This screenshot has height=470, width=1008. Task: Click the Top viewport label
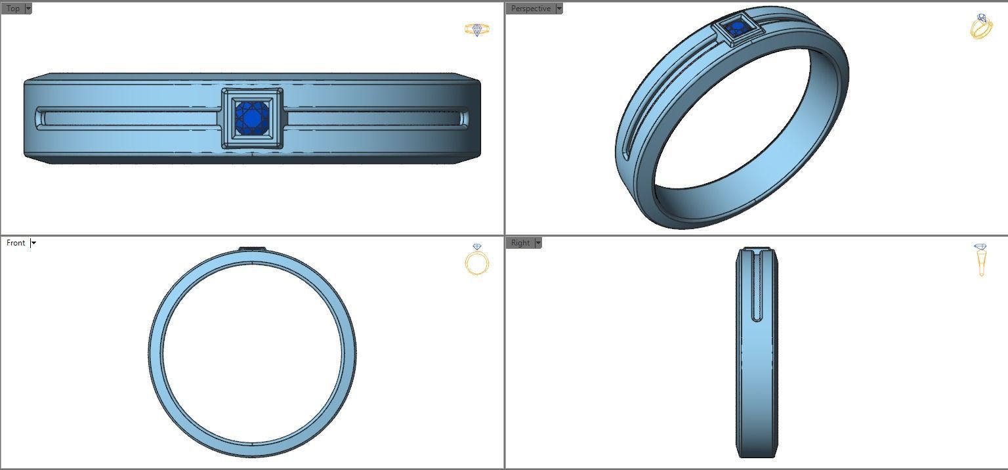(12, 9)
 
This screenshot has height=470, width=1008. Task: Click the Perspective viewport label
(530, 9)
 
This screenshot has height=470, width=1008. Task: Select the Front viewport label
(16, 243)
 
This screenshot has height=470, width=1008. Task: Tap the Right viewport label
(520, 243)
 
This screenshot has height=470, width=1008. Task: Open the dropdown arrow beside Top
(28, 9)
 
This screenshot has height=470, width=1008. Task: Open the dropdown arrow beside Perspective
(559, 9)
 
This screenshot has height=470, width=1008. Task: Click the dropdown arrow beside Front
(33, 243)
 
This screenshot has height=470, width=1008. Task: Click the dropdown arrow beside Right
(538, 243)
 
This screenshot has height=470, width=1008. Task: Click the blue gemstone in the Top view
(252, 118)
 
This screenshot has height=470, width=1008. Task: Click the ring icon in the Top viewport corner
(476, 30)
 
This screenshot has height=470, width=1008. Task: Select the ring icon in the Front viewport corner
(476, 260)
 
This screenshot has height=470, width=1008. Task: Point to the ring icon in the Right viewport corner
(980, 259)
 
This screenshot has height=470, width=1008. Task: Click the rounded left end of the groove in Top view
(41, 119)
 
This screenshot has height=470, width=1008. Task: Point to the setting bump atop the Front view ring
(252, 248)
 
